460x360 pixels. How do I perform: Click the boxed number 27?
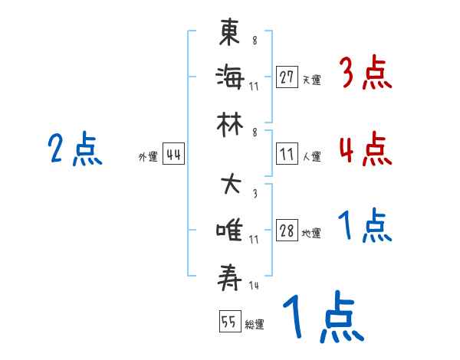tap(287, 77)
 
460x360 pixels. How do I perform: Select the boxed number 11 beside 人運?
tap(287, 154)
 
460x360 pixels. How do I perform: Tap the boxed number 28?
tap(287, 231)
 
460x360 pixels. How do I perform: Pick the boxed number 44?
tap(173, 155)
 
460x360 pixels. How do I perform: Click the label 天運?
tap(311, 80)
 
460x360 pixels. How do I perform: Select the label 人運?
tap(311, 156)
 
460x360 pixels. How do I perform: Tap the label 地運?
tap(311, 234)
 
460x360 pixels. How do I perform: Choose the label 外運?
tap(147, 157)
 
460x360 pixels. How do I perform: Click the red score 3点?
tap(366, 74)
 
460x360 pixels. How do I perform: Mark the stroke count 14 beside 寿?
tap(253, 286)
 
